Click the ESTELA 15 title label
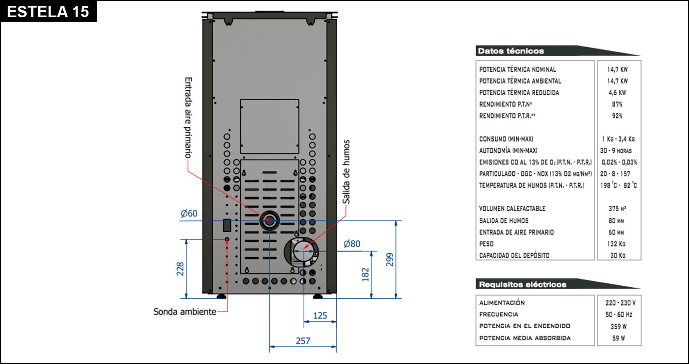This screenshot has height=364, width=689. click(48, 12)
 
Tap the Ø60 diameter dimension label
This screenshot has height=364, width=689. click(189, 213)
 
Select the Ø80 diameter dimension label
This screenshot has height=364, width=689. click(352, 243)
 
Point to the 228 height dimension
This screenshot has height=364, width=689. click(180, 269)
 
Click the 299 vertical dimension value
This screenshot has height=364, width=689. click(390, 259)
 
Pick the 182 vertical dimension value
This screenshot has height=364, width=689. click(365, 274)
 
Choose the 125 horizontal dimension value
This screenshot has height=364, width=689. click(320, 315)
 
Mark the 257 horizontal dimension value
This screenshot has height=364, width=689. click(303, 341)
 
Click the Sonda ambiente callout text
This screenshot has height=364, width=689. click(185, 311)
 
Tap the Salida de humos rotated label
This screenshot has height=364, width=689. click(346, 171)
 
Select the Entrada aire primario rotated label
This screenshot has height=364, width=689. click(188, 117)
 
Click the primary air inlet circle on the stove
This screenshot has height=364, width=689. click(269, 220)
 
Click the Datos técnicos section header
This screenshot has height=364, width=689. click(511, 51)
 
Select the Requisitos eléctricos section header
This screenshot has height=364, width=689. click(522, 284)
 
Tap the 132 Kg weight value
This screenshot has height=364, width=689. click(616, 244)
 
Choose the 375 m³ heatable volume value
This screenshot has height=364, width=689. click(617, 208)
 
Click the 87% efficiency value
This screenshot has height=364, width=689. click(617, 104)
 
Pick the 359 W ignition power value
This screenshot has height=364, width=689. click(618, 327)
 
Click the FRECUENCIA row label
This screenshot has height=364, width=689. click(498, 314)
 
